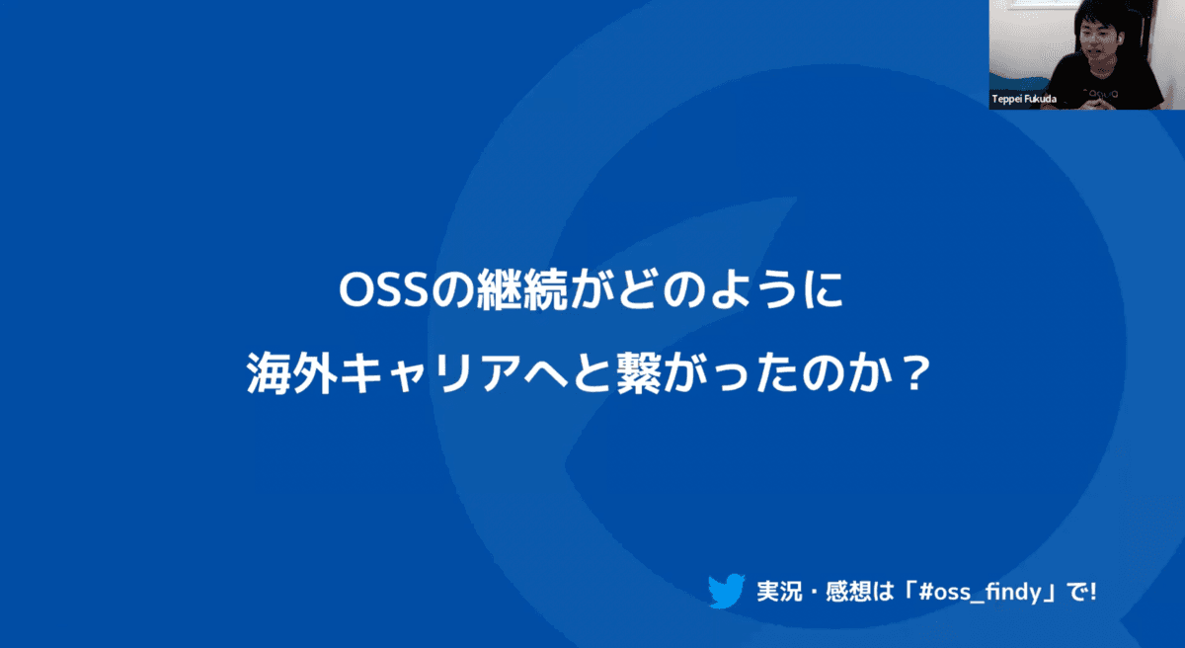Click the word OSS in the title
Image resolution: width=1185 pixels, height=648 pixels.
[x=383, y=289]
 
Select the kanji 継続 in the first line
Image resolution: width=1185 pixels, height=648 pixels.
[x=522, y=289]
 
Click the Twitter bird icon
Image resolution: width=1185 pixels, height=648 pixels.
[x=727, y=591]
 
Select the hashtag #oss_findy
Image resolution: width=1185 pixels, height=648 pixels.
[x=980, y=592]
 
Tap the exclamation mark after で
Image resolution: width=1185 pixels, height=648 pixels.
[x=1093, y=592]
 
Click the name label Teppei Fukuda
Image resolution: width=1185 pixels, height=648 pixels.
[x=1024, y=99]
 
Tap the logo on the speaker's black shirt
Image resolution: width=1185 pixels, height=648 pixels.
[x=1099, y=93]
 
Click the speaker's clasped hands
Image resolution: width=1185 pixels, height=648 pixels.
[x=1091, y=102]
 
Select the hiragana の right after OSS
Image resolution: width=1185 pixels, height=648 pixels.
[x=452, y=290]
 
